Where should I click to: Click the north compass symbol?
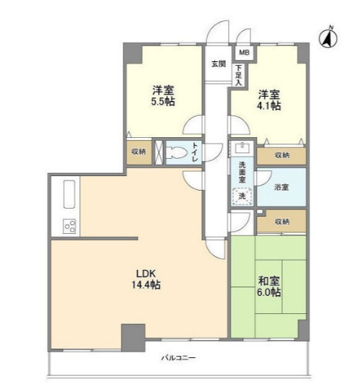[328, 38]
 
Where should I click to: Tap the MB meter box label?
[245, 53]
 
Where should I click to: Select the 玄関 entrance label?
[219, 64]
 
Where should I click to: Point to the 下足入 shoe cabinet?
[239, 75]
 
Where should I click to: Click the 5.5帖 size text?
[163, 102]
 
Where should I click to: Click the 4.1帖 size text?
[269, 105]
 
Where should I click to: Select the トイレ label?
[195, 152]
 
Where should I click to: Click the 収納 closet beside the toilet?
[139, 152]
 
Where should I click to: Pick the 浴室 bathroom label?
[281, 187]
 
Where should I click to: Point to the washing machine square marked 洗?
[242, 196]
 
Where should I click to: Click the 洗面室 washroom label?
[242, 173]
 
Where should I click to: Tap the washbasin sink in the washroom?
[242, 149]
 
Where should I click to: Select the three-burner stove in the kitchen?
[70, 226]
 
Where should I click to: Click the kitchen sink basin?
[69, 194]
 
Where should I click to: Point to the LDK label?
[146, 274]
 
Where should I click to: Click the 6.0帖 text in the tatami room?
[269, 292]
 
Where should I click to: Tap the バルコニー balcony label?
[178, 358]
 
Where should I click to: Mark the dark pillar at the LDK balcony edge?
[133, 338]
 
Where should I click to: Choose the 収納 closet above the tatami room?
[282, 221]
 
